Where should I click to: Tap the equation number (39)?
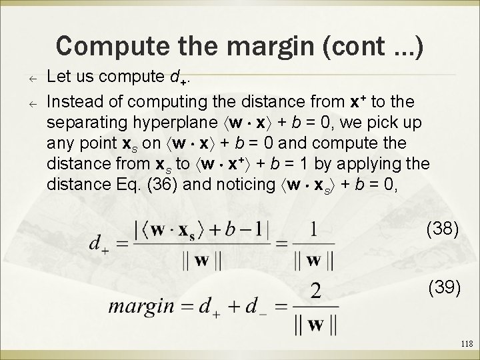pos(443,288)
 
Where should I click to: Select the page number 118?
pos(465,344)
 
